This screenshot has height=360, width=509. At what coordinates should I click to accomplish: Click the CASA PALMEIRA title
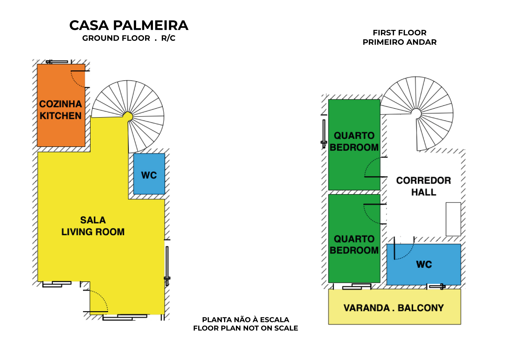[x=129, y=26]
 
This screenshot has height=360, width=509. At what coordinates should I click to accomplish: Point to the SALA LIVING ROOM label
[x=93, y=226]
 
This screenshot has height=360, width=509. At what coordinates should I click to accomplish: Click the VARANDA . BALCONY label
[x=394, y=308]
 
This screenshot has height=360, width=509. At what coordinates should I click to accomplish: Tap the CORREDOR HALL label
[x=423, y=186]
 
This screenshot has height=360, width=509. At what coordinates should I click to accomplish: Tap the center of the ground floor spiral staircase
[x=128, y=116]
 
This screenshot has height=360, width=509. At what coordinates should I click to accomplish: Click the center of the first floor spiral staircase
[x=416, y=113]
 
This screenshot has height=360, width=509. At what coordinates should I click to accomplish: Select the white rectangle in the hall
[x=453, y=219]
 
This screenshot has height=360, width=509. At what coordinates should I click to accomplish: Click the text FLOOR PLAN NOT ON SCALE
[x=246, y=328]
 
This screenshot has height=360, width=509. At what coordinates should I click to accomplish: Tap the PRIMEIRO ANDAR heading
[x=399, y=42]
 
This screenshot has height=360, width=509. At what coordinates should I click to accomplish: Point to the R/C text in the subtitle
[x=168, y=38]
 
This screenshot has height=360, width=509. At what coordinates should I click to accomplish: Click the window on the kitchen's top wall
[x=57, y=62]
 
